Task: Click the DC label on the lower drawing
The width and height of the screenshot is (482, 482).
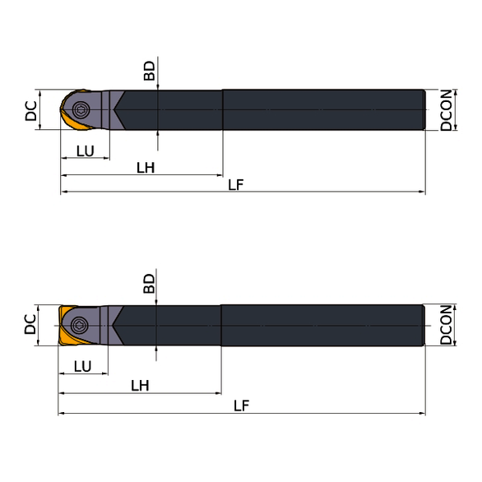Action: point(30,325)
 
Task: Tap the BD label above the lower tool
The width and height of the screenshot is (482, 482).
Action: point(150,284)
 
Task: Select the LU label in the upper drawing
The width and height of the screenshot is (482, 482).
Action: point(85,150)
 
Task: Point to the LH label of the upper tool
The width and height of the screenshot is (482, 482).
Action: point(146,168)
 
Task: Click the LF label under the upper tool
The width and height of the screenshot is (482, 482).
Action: point(236,185)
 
